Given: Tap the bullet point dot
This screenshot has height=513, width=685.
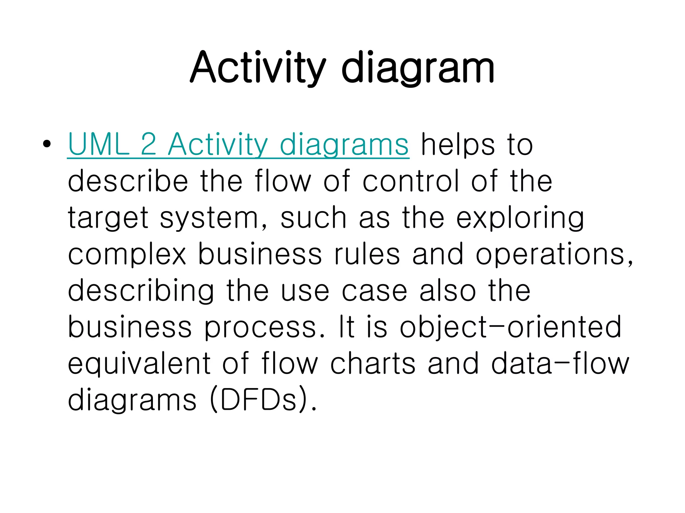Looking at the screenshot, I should pos(47,144).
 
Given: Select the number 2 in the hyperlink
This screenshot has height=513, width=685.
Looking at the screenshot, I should pos(149,144).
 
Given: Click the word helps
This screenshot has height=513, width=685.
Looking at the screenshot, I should pos(458,144).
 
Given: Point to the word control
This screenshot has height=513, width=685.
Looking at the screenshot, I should pos(411,181).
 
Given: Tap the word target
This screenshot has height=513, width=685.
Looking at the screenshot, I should pos(108,218).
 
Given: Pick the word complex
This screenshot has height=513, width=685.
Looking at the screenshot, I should pos(127,254).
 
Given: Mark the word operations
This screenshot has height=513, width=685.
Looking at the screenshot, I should pos(554,254).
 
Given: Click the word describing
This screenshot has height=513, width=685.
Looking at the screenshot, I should pos(140,291).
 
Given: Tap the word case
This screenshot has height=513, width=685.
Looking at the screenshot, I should pos(374,291).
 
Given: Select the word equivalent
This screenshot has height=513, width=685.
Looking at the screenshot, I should pos(139,363).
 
